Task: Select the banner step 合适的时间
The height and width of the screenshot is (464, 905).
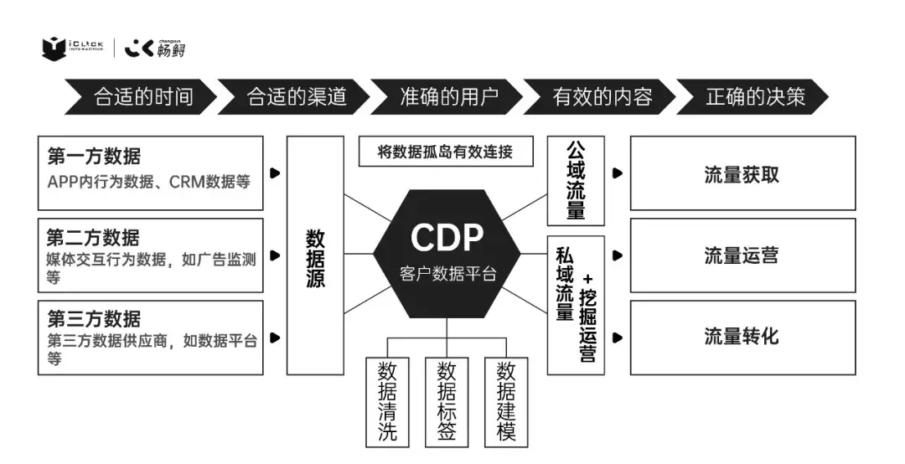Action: coord(142,97)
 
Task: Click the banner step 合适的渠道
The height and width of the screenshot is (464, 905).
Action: coord(296,97)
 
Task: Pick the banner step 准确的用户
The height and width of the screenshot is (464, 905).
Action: coord(448,97)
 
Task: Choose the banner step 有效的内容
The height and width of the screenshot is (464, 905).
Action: coord(602,97)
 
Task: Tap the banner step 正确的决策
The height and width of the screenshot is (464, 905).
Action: coord(754,97)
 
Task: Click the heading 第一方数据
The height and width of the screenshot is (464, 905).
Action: coord(94,157)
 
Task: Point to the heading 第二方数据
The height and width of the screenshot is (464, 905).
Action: coord(94,237)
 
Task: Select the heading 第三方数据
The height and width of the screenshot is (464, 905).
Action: coord(94,318)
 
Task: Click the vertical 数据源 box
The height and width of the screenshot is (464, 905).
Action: coord(315,255)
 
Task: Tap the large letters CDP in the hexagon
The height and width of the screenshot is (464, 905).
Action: coord(447,238)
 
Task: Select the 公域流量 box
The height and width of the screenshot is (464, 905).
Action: coord(576,181)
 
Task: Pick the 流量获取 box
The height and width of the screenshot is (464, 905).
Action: coord(742,173)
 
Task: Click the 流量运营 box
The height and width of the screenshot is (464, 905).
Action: coord(742,255)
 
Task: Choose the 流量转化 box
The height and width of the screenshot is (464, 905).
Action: coord(742,337)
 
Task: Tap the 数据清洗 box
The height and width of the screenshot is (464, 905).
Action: coord(387,402)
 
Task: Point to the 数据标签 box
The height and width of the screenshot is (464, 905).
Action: coord(447,402)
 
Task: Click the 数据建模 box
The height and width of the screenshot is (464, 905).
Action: coord(506,402)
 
